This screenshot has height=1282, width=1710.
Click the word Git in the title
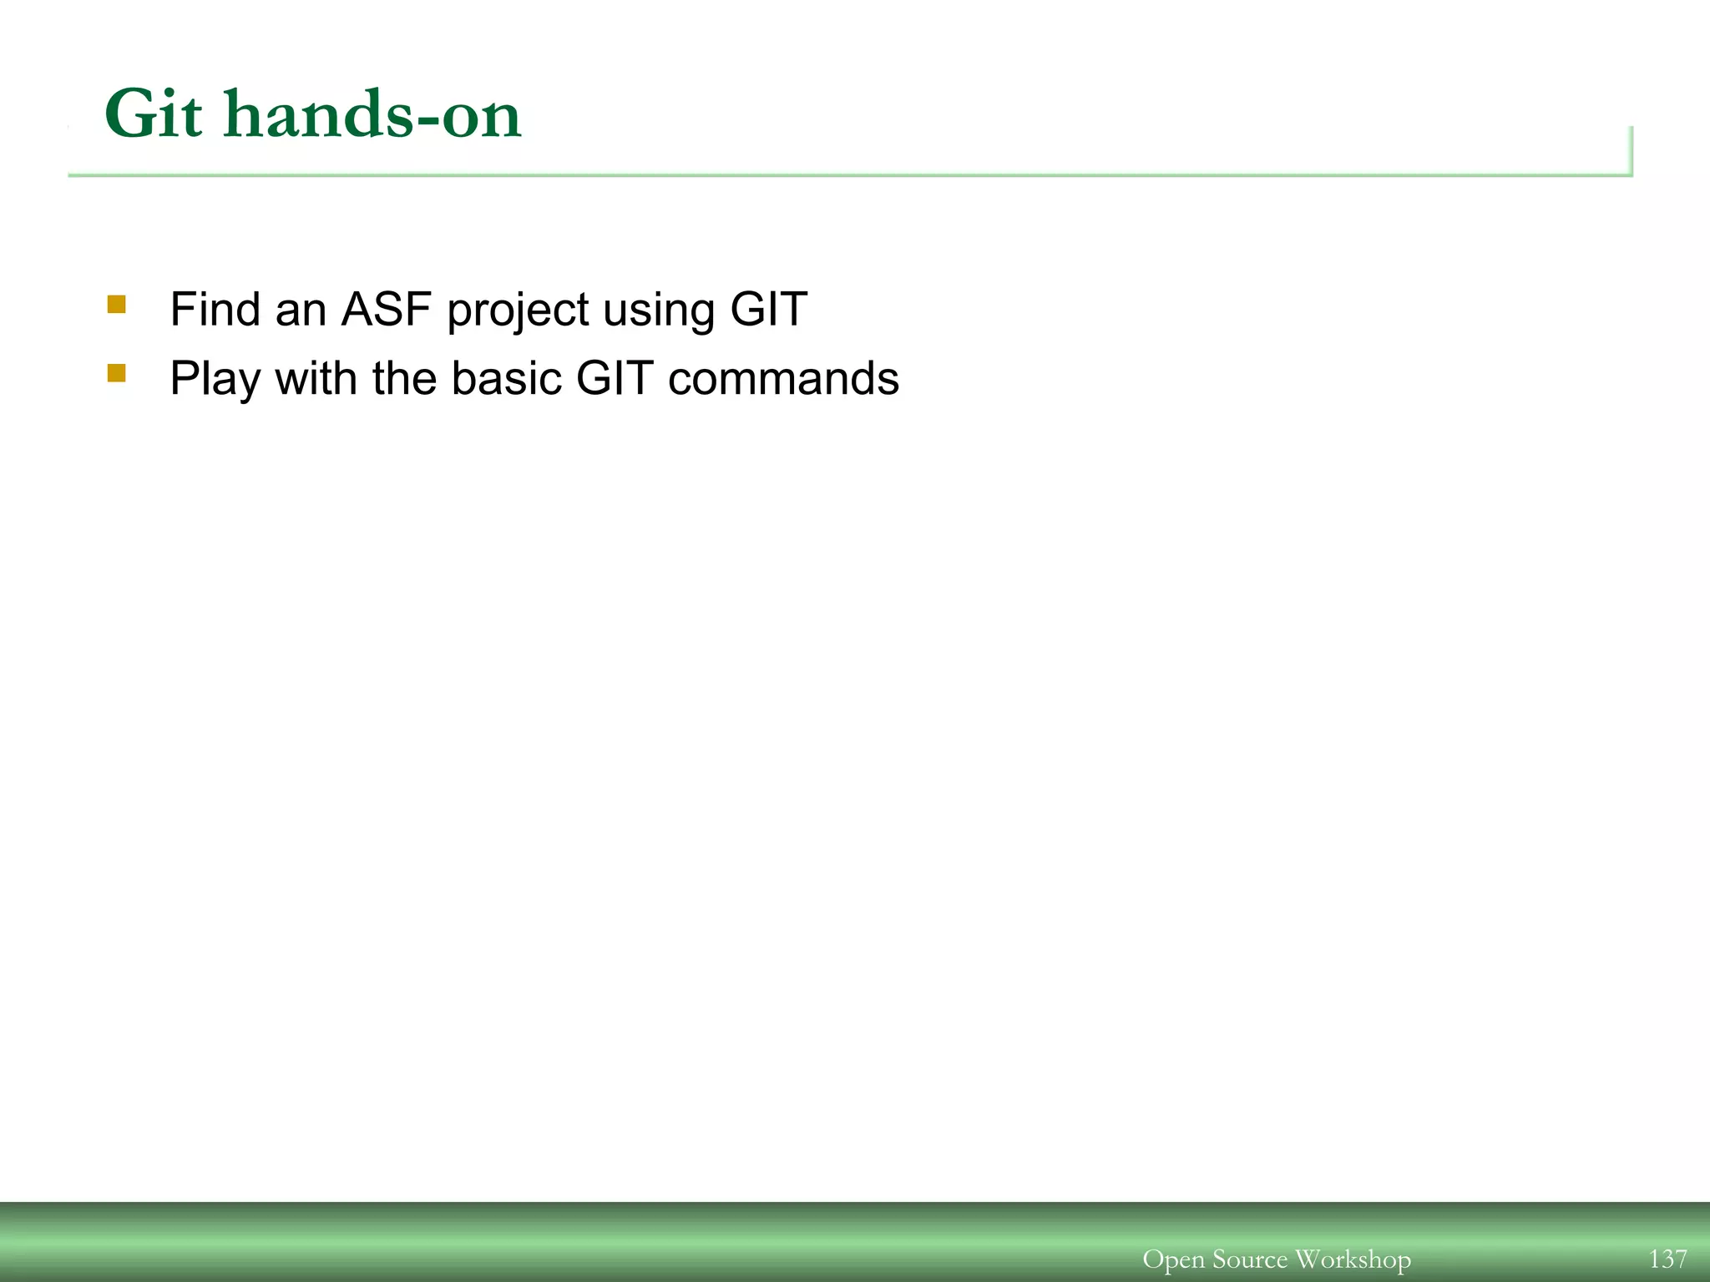(x=153, y=114)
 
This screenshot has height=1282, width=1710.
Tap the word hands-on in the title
(x=372, y=114)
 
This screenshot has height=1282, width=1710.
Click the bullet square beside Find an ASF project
(x=117, y=305)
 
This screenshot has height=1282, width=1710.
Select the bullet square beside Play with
(x=117, y=373)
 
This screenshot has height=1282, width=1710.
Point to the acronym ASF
(x=387, y=310)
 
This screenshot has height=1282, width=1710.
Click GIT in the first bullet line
(x=768, y=310)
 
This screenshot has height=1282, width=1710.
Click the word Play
(x=215, y=380)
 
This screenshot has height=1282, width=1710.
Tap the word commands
(x=783, y=378)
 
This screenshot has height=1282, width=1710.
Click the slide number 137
(x=1667, y=1259)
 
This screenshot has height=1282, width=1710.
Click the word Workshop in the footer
(x=1353, y=1259)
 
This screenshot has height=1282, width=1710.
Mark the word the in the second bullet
(x=404, y=378)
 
